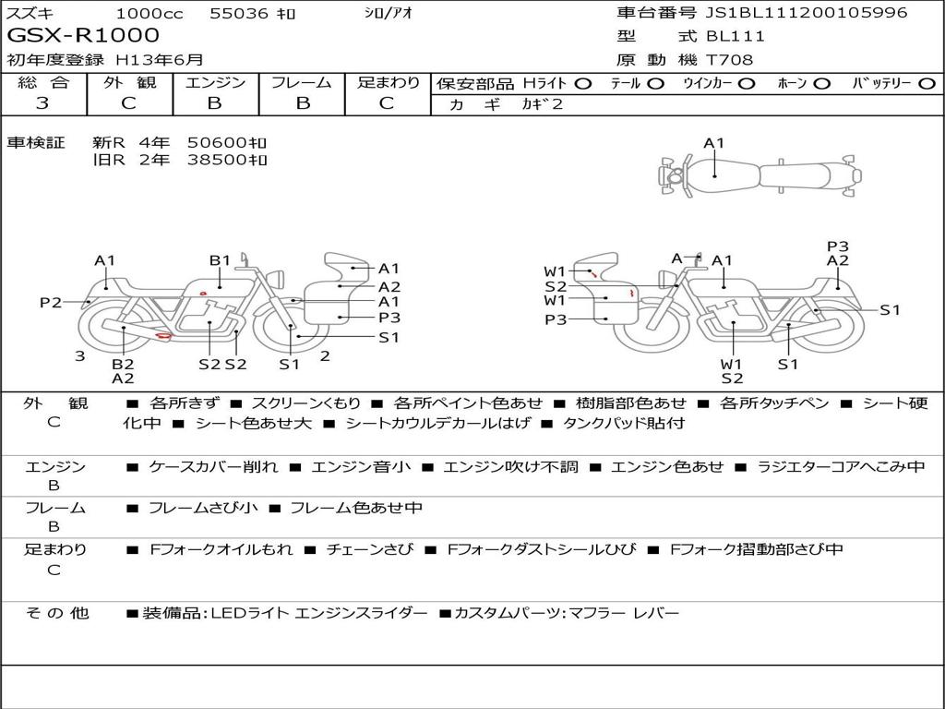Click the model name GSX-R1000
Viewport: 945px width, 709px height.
coord(83,35)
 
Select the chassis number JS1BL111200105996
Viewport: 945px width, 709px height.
coord(807,13)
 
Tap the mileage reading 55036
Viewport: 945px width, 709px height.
coord(239,13)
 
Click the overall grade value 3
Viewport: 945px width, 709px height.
coord(42,103)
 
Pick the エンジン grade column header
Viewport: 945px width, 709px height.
coord(215,82)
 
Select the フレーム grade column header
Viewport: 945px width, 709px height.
coord(302,82)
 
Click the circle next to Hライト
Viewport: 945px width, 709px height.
coord(583,84)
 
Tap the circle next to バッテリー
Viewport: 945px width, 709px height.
coord(927,84)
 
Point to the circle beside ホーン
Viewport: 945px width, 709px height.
coord(822,84)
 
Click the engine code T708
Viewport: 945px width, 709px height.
coord(729,60)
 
